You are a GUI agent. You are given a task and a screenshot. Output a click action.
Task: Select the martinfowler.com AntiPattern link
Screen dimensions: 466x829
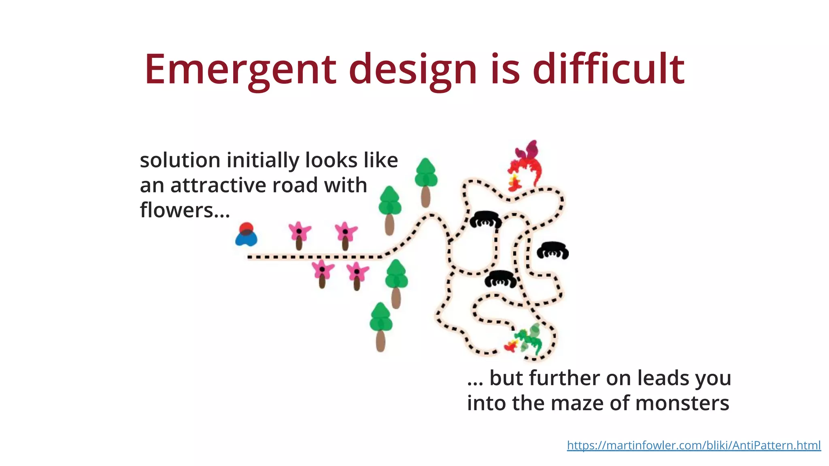(693, 445)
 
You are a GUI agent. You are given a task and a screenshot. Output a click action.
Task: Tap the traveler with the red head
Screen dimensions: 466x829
(246, 235)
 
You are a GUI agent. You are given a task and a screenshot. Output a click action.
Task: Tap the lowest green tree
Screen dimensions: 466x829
(380, 326)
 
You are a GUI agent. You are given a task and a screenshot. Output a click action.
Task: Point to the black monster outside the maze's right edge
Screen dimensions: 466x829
(553, 250)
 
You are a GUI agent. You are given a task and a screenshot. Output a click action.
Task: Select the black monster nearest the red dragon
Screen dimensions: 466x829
(485, 219)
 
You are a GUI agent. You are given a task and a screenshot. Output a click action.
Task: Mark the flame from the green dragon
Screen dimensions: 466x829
(511, 346)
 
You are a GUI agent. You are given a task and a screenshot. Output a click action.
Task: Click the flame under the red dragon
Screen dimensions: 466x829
(514, 183)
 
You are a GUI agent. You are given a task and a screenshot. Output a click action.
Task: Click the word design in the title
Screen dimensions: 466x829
(413, 70)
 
